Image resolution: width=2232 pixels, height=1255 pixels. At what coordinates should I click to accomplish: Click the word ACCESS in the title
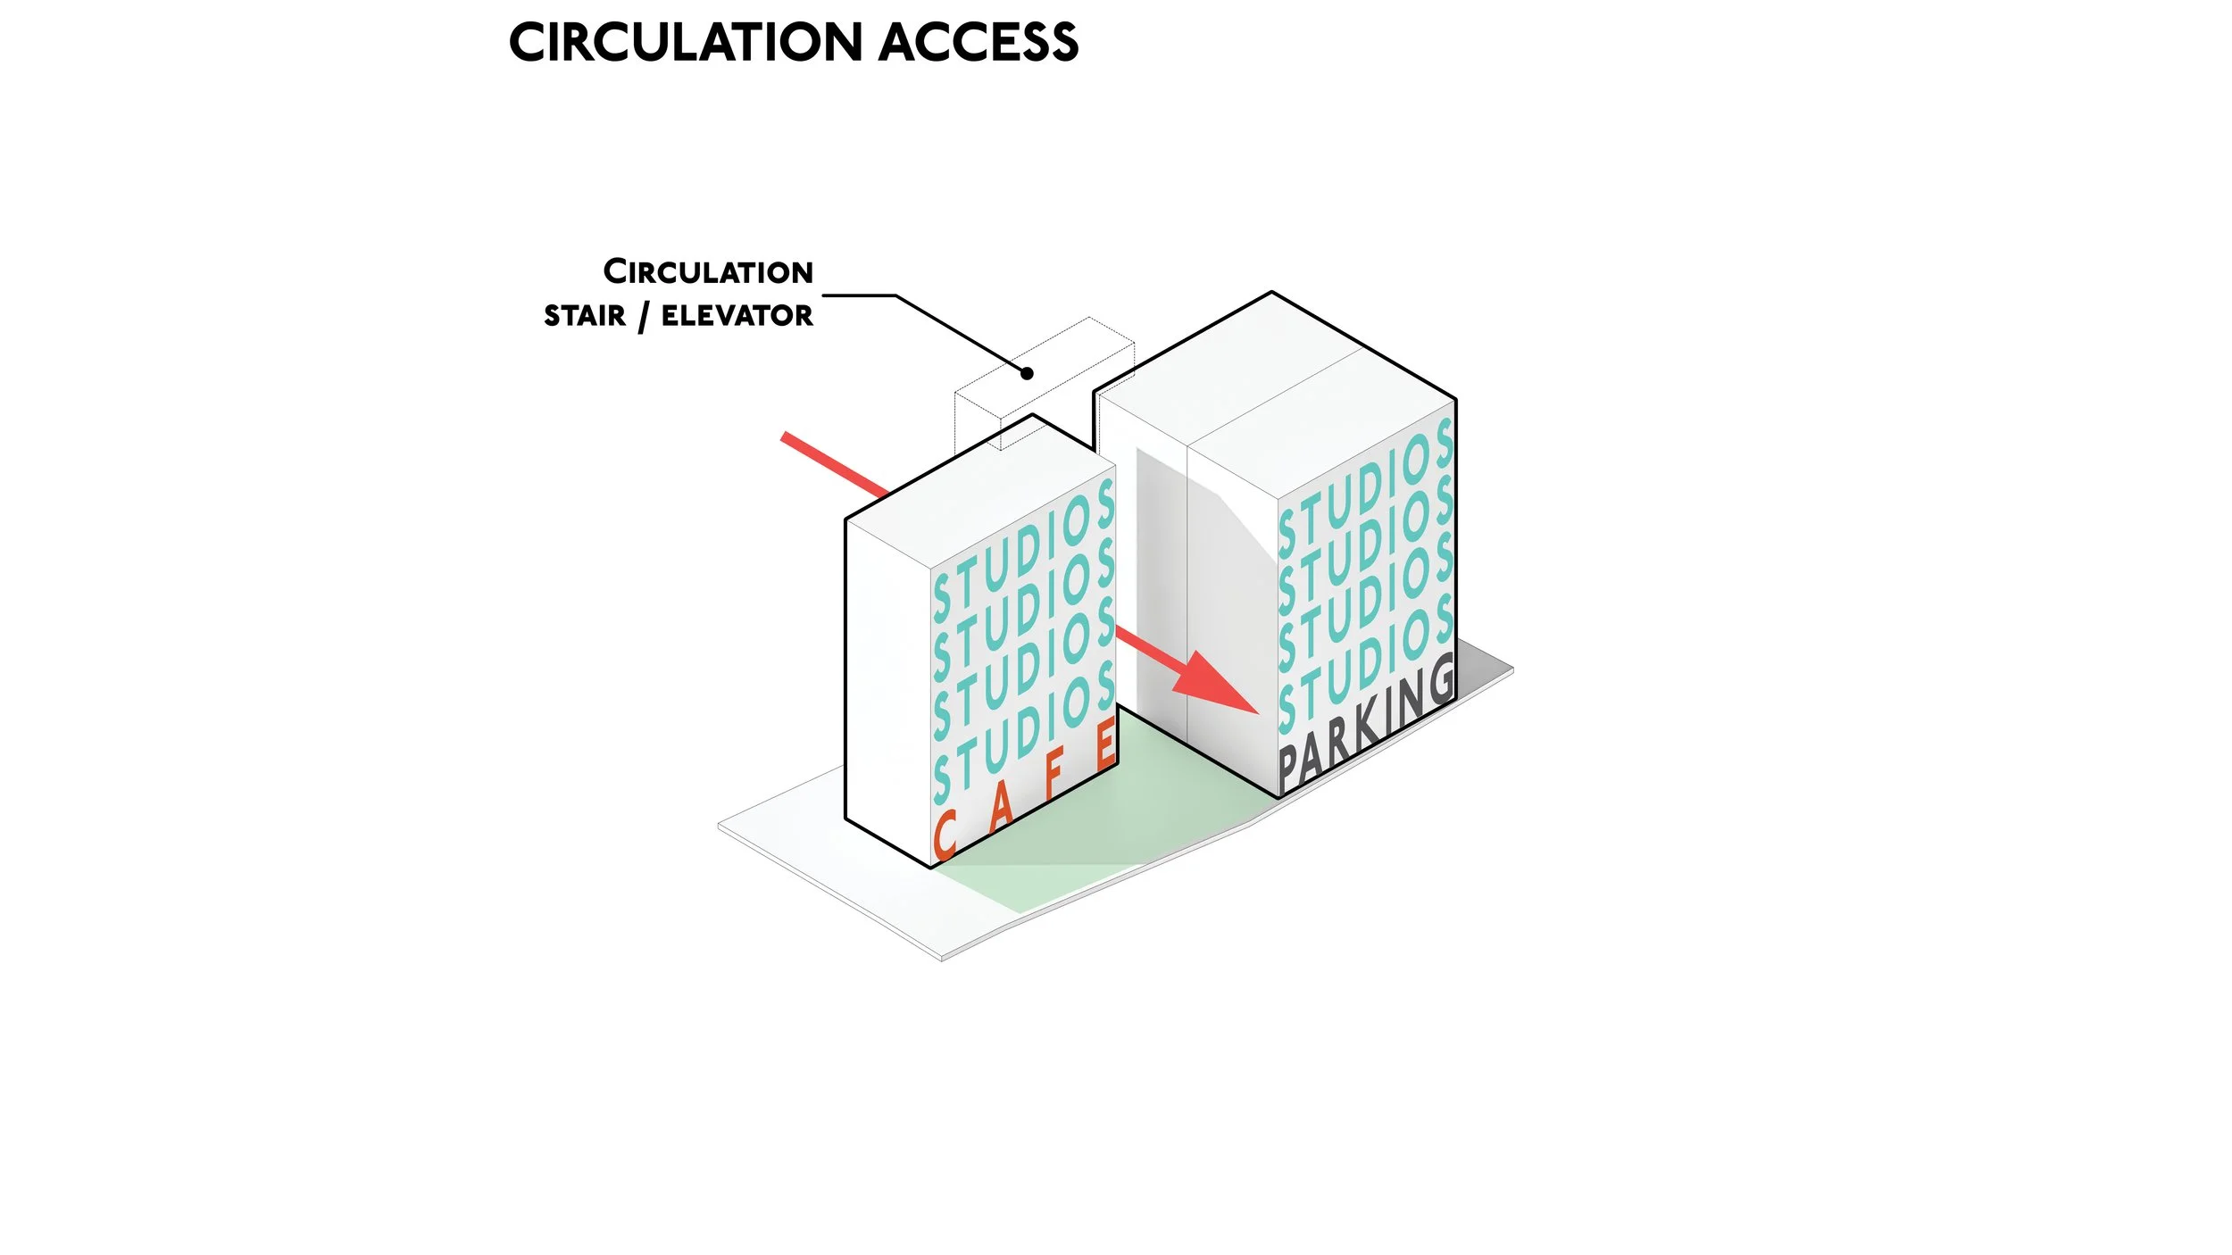(x=979, y=42)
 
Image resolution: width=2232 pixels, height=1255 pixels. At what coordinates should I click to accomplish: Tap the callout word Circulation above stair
(x=708, y=271)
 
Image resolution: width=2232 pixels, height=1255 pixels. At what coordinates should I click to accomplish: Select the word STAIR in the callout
(x=585, y=316)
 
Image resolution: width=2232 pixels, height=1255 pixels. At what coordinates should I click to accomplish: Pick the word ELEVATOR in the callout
(x=737, y=315)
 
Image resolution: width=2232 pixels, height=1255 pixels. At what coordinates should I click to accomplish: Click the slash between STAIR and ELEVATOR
(x=643, y=317)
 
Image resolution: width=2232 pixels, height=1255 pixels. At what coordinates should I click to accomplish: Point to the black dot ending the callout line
(x=1027, y=373)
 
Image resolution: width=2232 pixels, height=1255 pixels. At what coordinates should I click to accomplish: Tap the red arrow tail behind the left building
(x=830, y=462)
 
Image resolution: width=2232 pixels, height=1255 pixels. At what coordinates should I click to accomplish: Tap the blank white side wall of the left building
(x=887, y=678)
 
